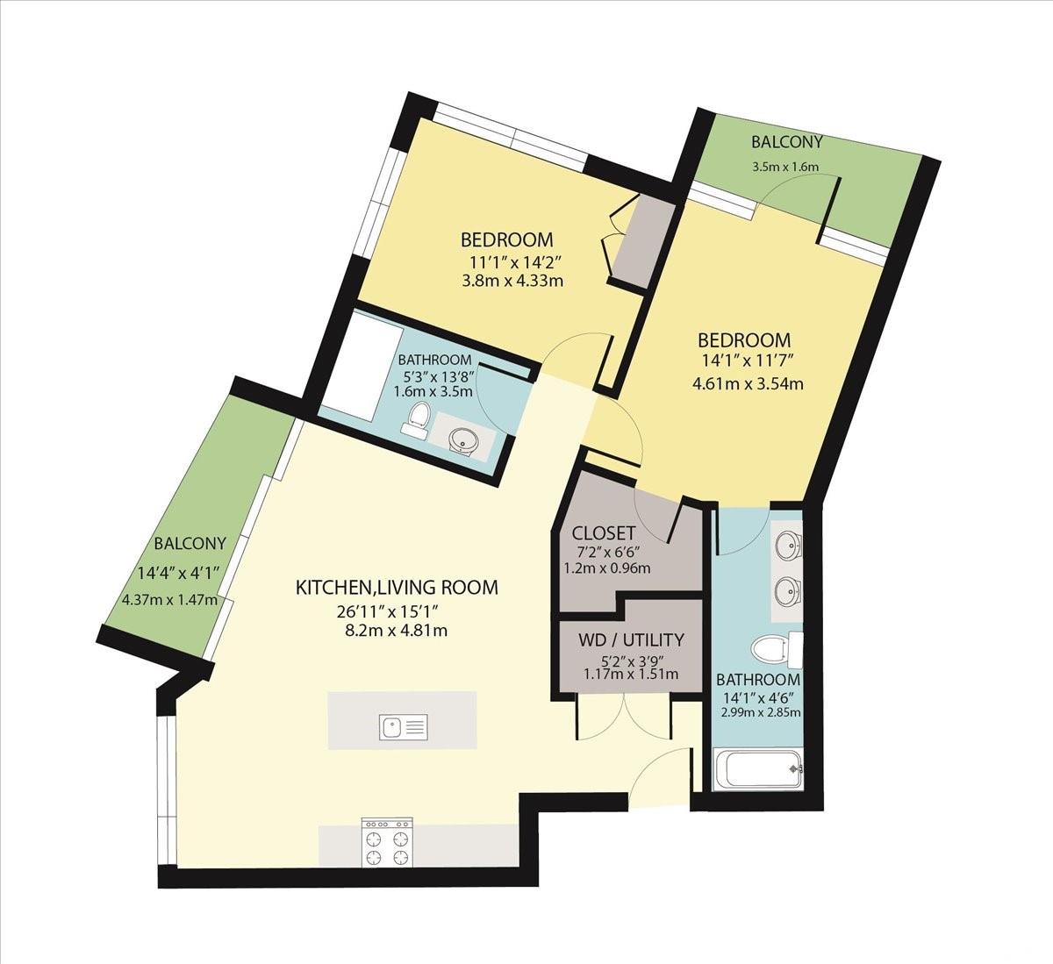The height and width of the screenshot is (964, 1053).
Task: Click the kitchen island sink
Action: point(403,728)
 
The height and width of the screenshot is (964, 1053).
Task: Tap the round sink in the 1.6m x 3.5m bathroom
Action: point(462,439)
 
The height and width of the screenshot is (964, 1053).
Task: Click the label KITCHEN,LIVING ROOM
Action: point(397,587)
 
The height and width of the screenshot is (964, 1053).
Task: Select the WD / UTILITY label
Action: point(631,639)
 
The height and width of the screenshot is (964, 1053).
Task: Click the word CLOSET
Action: point(603,533)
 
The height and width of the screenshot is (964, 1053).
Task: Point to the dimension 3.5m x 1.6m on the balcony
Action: point(785,167)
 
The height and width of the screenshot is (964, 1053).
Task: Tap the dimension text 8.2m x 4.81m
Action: point(396,631)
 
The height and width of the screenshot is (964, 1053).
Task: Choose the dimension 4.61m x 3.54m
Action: point(748,383)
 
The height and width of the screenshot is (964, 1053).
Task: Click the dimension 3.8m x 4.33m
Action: point(512,281)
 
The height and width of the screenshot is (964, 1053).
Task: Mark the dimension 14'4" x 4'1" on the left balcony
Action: point(177,573)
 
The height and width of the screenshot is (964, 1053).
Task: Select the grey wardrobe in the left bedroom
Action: point(644,244)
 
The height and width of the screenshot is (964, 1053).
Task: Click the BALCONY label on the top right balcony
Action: point(786,142)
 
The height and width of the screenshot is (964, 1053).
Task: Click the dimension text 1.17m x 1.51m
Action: point(631,674)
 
